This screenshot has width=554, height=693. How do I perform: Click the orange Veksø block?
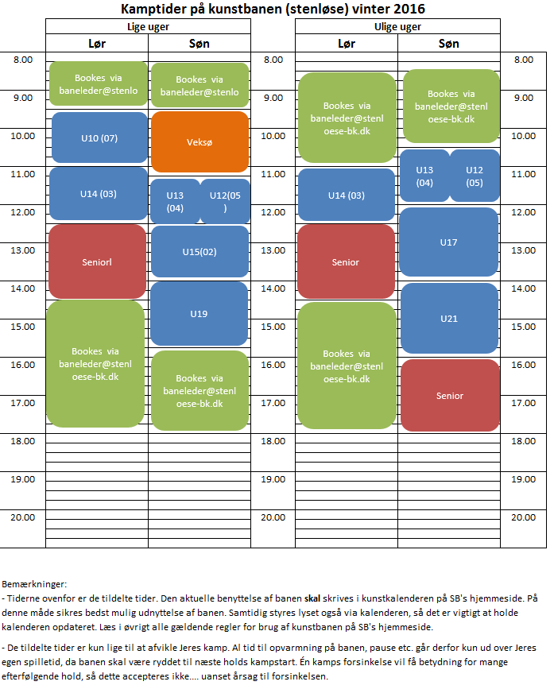coord(200,142)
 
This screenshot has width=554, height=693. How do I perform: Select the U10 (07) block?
coord(99,137)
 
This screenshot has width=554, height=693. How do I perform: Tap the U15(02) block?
coord(200,251)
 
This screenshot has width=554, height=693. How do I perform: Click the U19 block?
coord(200,313)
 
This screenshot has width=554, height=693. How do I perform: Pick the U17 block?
coord(449,242)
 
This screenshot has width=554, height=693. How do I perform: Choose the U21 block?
coord(449,318)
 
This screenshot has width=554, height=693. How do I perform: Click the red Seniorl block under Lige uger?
coord(97,261)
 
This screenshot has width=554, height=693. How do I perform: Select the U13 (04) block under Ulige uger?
coord(424,176)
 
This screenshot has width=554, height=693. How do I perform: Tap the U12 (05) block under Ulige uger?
coord(475,176)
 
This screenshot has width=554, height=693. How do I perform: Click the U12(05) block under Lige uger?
coord(225,201)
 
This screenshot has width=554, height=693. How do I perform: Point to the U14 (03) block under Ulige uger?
coord(346,195)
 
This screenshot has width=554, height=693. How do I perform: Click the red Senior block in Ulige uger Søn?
coord(449,395)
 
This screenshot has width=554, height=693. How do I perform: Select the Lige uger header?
coord(148,26)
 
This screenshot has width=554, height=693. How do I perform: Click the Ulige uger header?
coord(397,26)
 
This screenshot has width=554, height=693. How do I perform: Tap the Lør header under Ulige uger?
coord(346,44)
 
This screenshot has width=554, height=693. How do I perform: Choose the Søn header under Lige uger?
coord(200,44)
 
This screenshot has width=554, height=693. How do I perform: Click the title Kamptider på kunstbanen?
coord(273,9)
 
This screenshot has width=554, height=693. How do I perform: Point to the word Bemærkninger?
coord(34,583)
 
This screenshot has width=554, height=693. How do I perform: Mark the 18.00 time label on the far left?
coord(23,440)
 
